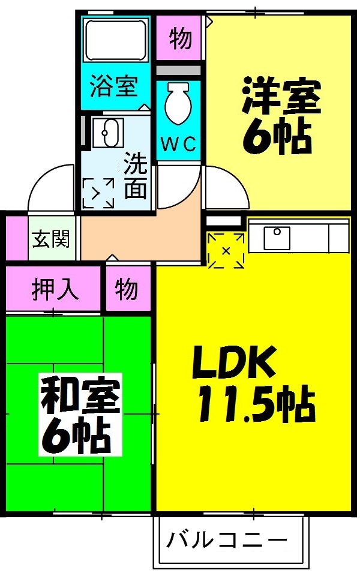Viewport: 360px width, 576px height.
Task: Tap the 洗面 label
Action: (x=136, y=175)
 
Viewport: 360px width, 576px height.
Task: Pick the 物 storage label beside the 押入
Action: (x=127, y=289)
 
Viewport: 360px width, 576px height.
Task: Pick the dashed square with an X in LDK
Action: (x=226, y=250)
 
